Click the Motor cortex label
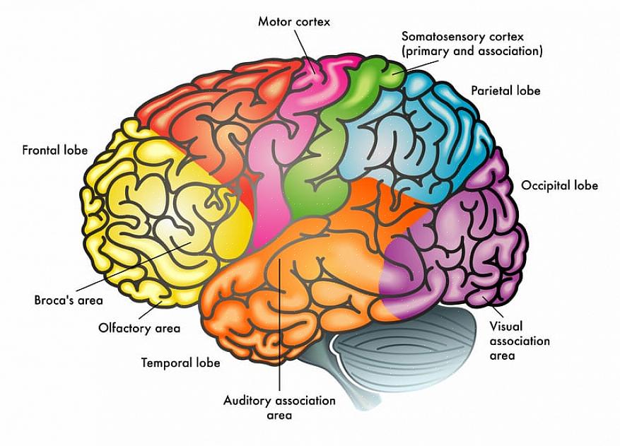click(293, 22)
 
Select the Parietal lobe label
click(505, 90)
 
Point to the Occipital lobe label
click(559, 185)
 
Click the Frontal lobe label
click(54, 150)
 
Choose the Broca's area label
click(69, 300)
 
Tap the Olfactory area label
click(139, 328)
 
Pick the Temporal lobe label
click(180, 363)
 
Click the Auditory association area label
click(279, 407)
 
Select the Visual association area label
click(520, 341)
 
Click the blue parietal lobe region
click(417, 134)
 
